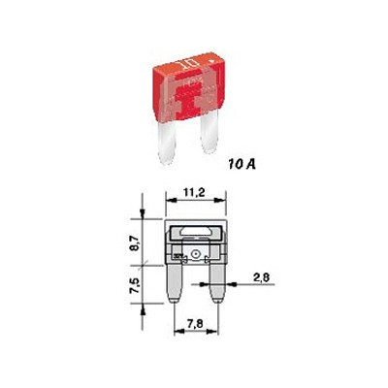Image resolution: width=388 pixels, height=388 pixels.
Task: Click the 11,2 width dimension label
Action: pyautogui.click(x=194, y=193)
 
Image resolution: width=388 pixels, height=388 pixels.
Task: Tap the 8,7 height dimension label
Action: pyautogui.click(x=136, y=242)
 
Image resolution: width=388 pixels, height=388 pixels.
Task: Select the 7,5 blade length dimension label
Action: pyautogui.click(x=136, y=285)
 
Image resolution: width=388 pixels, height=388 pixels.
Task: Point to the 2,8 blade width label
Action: pyautogui.click(x=262, y=277)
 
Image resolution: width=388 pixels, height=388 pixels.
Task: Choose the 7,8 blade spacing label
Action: pyautogui.click(x=195, y=324)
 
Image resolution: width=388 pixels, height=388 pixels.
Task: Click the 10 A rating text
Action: pyautogui.click(x=242, y=165)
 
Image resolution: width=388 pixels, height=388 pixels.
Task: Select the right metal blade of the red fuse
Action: pyautogui.click(x=209, y=132)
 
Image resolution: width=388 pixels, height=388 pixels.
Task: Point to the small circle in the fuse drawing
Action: pyautogui.click(x=195, y=254)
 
